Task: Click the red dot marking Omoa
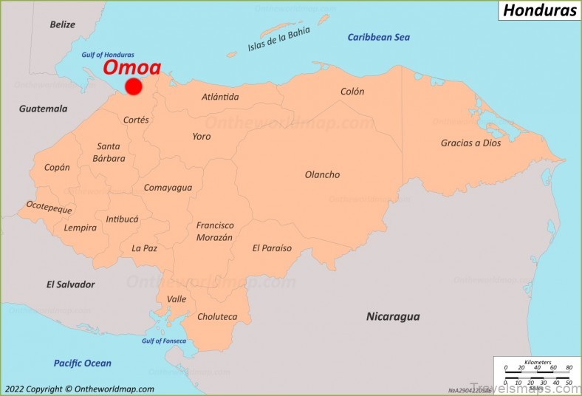[x=133, y=86]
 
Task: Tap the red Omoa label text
[x=131, y=67]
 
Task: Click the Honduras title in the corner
[x=539, y=10]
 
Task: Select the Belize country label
[x=63, y=24]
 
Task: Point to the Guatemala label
[x=43, y=109]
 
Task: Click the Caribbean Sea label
[x=378, y=37]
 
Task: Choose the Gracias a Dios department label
[x=470, y=143]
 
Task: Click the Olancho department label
[x=322, y=174]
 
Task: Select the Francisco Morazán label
[x=214, y=231]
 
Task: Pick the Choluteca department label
[x=217, y=316]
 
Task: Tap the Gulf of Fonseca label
[x=164, y=341]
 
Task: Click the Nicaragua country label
[x=393, y=316]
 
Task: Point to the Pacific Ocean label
[x=82, y=363]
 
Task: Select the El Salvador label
[x=70, y=284]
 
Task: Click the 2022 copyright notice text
[x=78, y=389]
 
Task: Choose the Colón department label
[x=352, y=92]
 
